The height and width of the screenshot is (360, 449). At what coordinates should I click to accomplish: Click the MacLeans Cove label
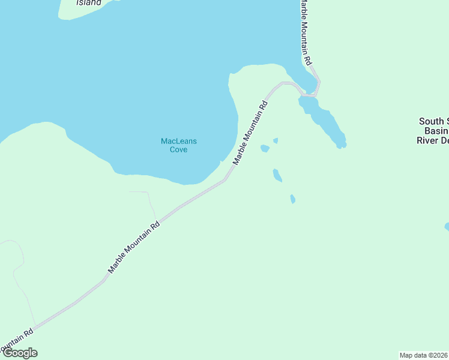[x=178, y=145]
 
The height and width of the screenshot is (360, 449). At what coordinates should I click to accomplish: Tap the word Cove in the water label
[x=178, y=149]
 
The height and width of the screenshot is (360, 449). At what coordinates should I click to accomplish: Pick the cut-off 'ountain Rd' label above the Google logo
[x=16, y=340]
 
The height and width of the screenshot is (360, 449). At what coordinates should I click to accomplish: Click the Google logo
[x=20, y=353]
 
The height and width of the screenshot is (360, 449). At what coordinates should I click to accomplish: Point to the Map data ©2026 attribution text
[x=423, y=355]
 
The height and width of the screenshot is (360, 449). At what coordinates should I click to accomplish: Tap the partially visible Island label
[x=89, y=2]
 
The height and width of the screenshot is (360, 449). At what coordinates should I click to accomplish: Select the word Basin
[x=436, y=131]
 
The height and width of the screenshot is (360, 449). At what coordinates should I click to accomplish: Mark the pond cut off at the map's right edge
[x=447, y=227]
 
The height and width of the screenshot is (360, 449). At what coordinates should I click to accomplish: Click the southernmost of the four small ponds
[x=292, y=199]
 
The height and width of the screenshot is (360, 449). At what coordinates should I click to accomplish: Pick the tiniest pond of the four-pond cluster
[x=276, y=141]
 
